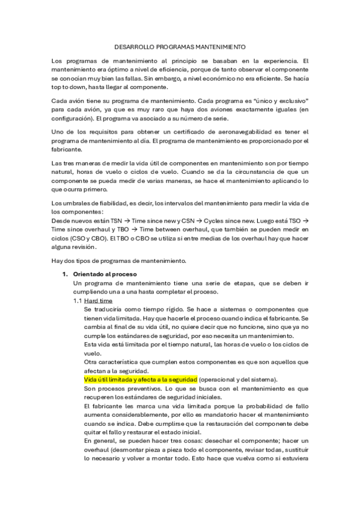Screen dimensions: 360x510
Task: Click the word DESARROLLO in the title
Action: (x=133, y=46)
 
